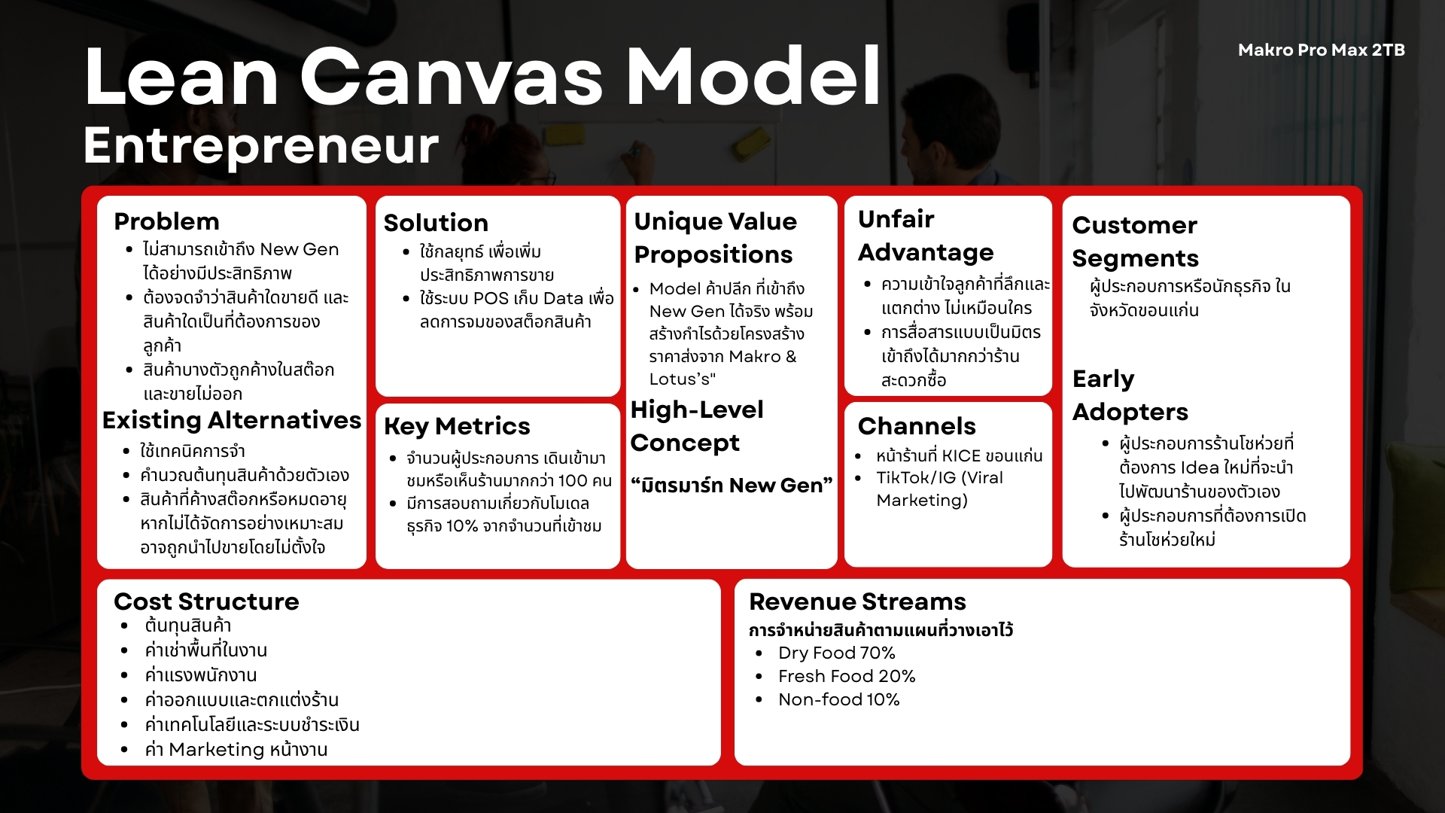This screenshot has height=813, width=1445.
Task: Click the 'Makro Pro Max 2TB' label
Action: [1321, 50]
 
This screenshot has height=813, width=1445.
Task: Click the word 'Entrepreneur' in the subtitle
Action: [260, 145]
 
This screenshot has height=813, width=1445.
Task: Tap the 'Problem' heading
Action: [166, 221]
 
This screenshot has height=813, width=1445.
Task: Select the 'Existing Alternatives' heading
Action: [232, 420]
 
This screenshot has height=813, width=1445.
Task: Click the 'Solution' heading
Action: [436, 223]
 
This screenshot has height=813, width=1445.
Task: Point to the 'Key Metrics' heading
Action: [457, 427]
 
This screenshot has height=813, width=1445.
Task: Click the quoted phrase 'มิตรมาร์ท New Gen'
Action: [732, 486]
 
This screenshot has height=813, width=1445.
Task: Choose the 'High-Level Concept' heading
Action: [697, 426]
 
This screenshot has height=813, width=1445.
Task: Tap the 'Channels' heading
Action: [917, 426]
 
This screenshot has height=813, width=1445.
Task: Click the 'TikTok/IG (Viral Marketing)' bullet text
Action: [939, 489]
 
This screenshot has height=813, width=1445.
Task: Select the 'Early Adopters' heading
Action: [1130, 395]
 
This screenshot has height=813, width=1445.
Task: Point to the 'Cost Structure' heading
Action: [206, 601]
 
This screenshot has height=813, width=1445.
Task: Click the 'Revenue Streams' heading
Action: [857, 601]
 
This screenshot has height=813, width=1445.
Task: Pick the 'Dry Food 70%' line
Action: [837, 653]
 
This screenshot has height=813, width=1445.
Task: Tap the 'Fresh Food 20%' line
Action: [847, 676]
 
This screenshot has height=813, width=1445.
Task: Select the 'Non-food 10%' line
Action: [839, 699]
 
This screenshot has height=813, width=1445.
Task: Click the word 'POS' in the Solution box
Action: [491, 298]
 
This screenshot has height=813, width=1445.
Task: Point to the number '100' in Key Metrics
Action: [573, 481]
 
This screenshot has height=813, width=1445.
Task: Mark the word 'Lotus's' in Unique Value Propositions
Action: [682, 379]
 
